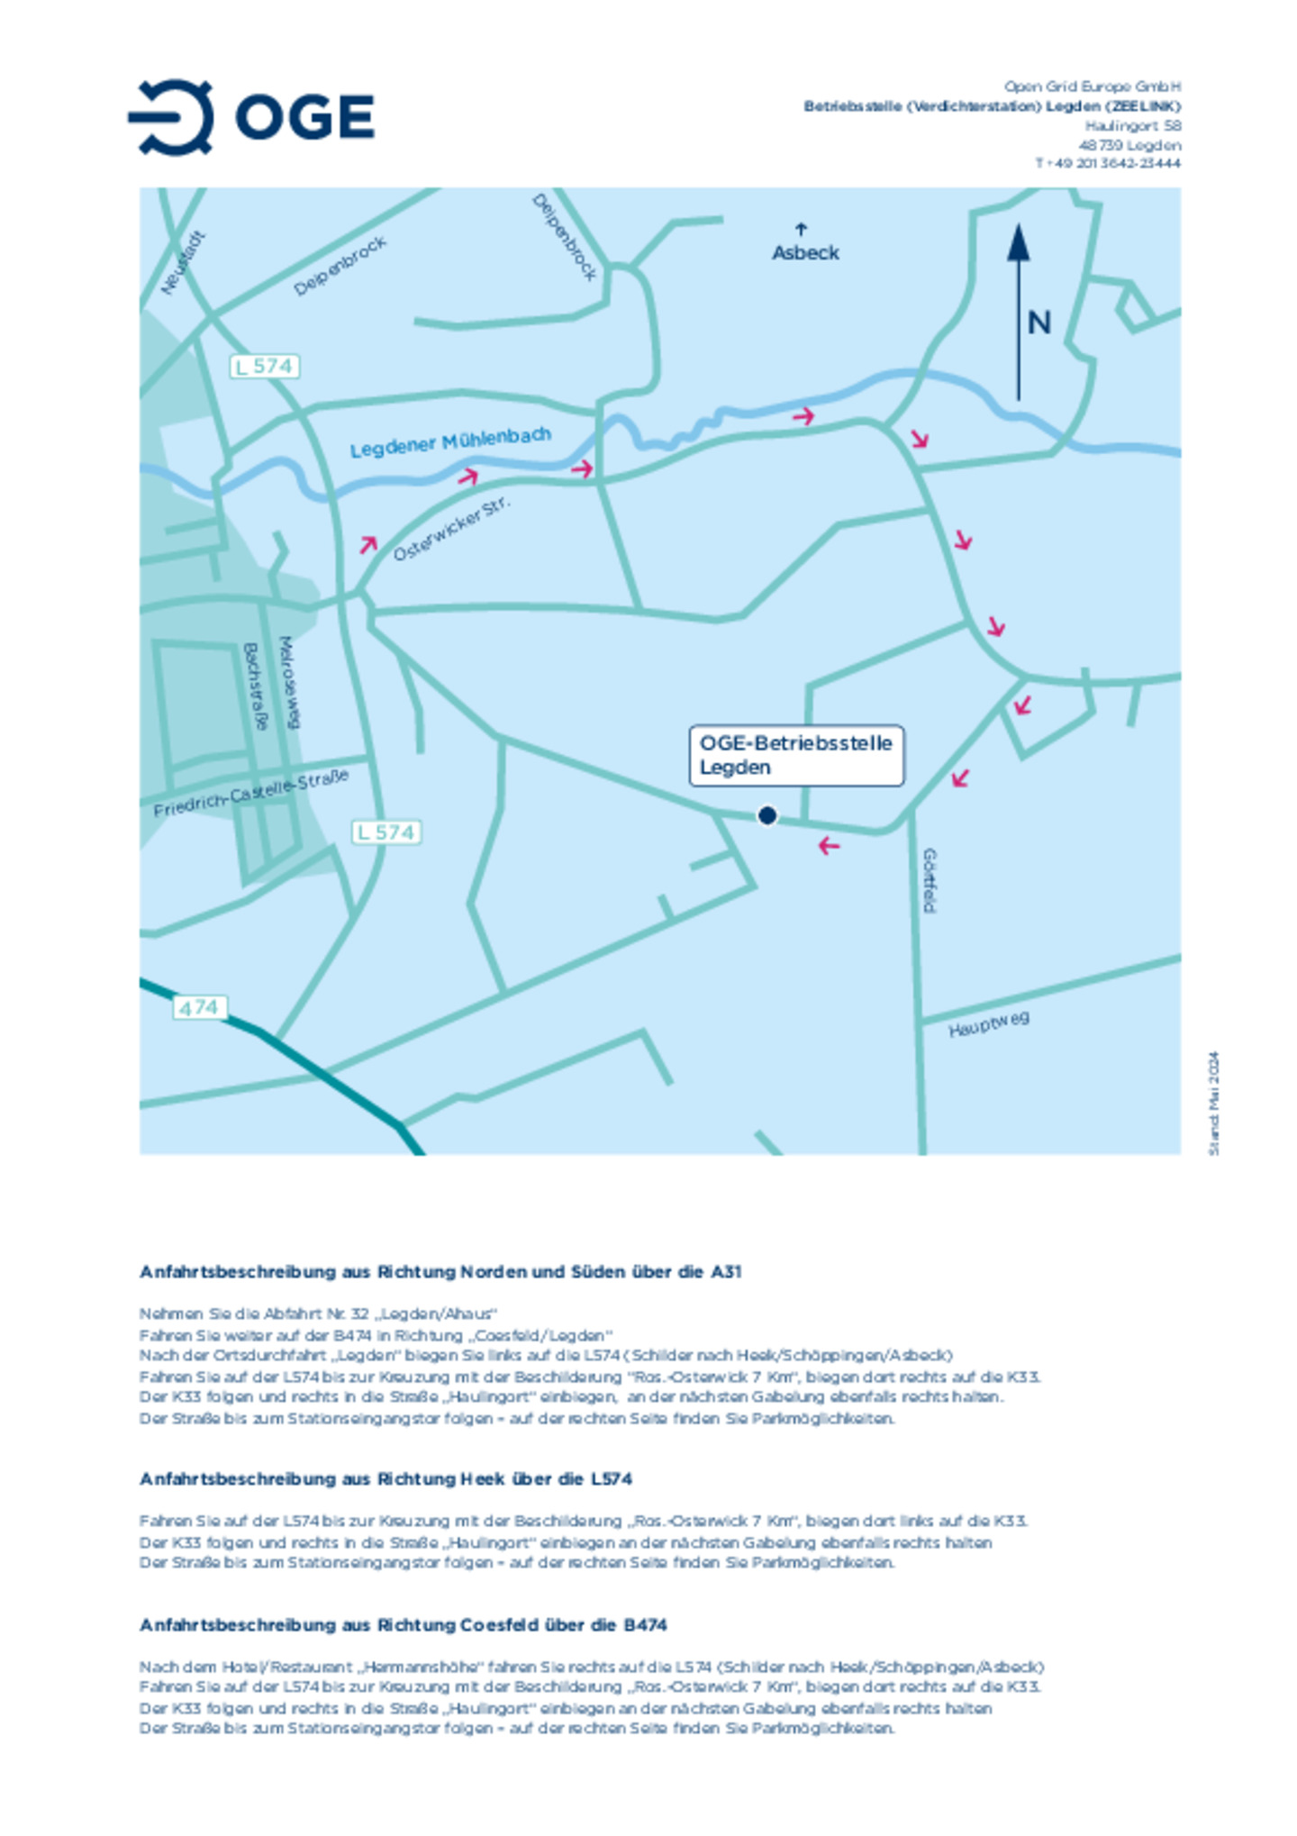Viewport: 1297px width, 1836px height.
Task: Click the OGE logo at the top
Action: [x=251, y=117]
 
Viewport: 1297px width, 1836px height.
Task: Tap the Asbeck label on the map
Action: [x=804, y=252]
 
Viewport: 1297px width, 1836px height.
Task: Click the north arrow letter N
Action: [x=1039, y=323]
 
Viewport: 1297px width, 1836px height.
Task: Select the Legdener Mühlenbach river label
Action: [x=449, y=442]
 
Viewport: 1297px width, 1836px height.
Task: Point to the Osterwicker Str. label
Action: [x=451, y=528]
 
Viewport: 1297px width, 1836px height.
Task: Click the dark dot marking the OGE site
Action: [x=766, y=815]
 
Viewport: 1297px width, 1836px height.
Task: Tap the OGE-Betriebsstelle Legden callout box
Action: [x=796, y=755]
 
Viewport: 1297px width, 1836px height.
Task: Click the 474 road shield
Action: [x=198, y=1007]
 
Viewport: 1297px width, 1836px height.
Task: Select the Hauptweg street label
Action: [x=988, y=1024]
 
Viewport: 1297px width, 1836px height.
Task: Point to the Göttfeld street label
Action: [x=929, y=879]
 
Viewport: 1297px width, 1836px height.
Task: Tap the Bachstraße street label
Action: [x=256, y=686]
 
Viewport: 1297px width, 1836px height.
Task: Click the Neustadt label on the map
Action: [x=183, y=263]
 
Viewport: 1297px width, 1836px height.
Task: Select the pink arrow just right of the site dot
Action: [x=829, y=845]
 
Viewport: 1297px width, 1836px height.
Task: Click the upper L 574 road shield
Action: [x=263, y=366]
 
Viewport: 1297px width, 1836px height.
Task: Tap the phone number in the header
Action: [x=1107, y=164]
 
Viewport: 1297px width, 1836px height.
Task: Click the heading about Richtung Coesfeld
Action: [x=403, y=1624]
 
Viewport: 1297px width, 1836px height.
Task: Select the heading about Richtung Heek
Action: [x=385, y=1478]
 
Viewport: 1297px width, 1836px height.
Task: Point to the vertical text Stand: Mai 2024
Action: [x=1213, y=1103]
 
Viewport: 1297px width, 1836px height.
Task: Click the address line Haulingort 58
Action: [x=1132, y=126]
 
